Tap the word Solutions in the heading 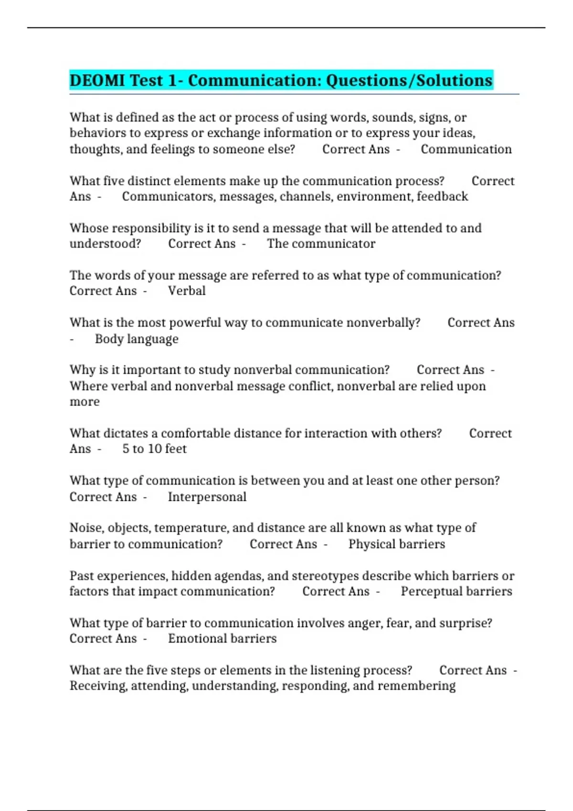coord(454,80)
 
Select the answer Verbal coord(187,291)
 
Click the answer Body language coord(137,339)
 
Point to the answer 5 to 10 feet coord(154,449)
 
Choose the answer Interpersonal coord(207,497)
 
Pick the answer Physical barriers coord(396,544)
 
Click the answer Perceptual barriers coord(456,592)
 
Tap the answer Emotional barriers coord(222,639)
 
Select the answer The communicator coord(321,244)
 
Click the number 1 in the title coord(172,80)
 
